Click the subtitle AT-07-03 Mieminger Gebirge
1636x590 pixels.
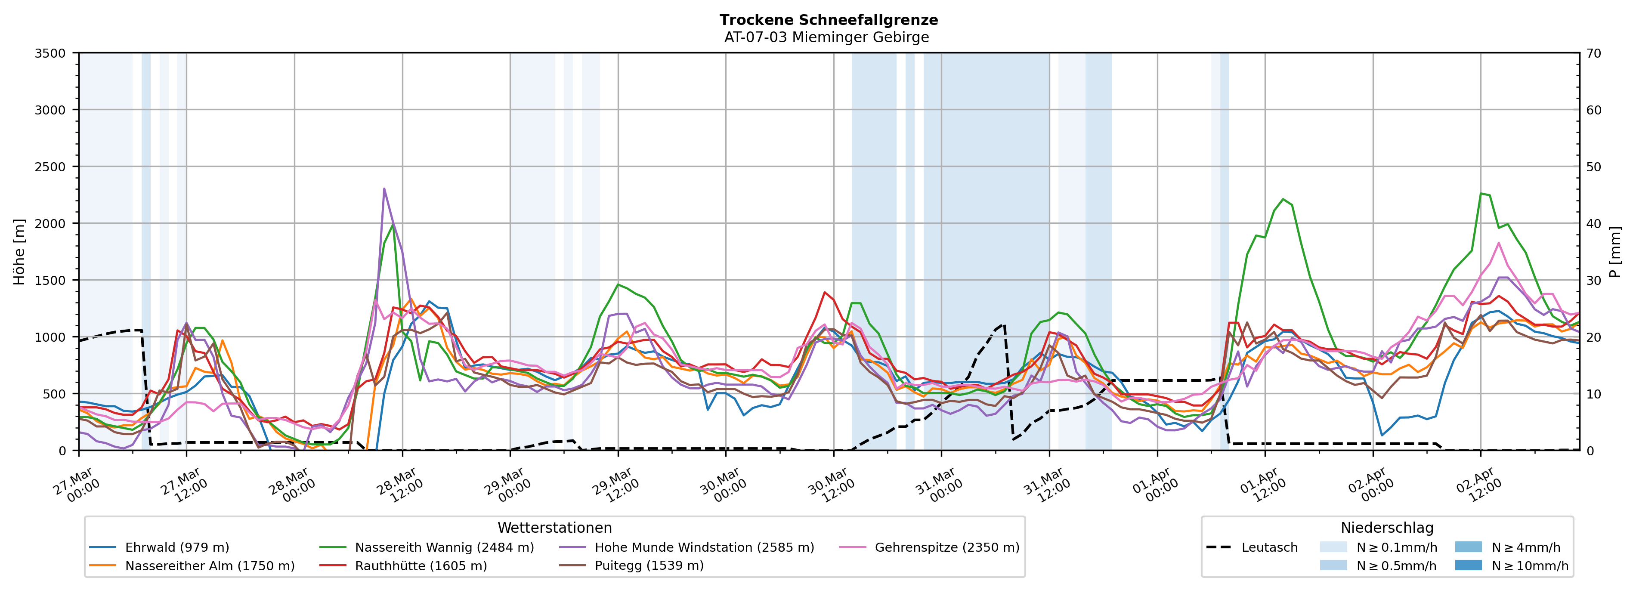[826, 37]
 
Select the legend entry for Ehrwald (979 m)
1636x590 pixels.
[176, 547]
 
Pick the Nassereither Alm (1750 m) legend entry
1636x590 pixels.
[210, 566]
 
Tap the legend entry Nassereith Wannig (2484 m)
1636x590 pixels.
[444, 547]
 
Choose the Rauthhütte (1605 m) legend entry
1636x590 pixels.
[421, 566]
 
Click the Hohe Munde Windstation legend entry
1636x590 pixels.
[704, 547]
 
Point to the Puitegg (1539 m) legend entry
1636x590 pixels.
[649, 566]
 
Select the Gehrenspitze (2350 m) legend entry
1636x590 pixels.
[946, 547]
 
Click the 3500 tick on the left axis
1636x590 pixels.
[50, 53]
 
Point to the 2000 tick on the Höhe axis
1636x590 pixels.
[50, 223]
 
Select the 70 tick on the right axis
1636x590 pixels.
[1593, 53]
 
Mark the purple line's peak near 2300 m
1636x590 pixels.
[384, 188]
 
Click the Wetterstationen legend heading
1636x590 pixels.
[554, 528]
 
